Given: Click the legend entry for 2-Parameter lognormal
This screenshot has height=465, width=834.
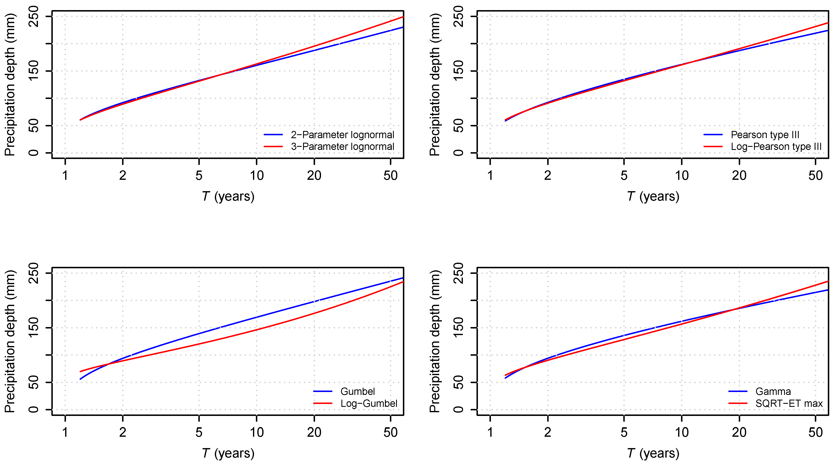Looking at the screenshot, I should tap(342, 135).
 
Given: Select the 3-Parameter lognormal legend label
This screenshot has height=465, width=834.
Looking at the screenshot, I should tap(342, 147).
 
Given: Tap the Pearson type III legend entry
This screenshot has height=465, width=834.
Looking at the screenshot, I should tap(765, 135).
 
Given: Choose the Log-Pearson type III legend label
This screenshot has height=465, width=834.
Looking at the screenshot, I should tap(776, 147).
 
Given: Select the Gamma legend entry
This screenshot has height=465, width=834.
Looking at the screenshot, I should tap(773, 392).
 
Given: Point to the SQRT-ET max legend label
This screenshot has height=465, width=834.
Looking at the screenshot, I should tap(789, 404).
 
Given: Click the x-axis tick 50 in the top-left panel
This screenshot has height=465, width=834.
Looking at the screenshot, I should tap(391, 175).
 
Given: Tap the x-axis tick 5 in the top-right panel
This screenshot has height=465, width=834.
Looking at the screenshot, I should tap(624, 175).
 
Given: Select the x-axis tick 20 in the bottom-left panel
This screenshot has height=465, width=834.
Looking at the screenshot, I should tap(314, 432).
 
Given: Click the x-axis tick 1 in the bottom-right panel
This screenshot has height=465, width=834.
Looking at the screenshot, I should tap(490, 432).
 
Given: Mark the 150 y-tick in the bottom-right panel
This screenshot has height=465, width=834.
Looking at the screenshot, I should tap(458, 328).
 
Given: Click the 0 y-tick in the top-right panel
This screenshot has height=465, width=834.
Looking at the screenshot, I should tap(458, 153).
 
